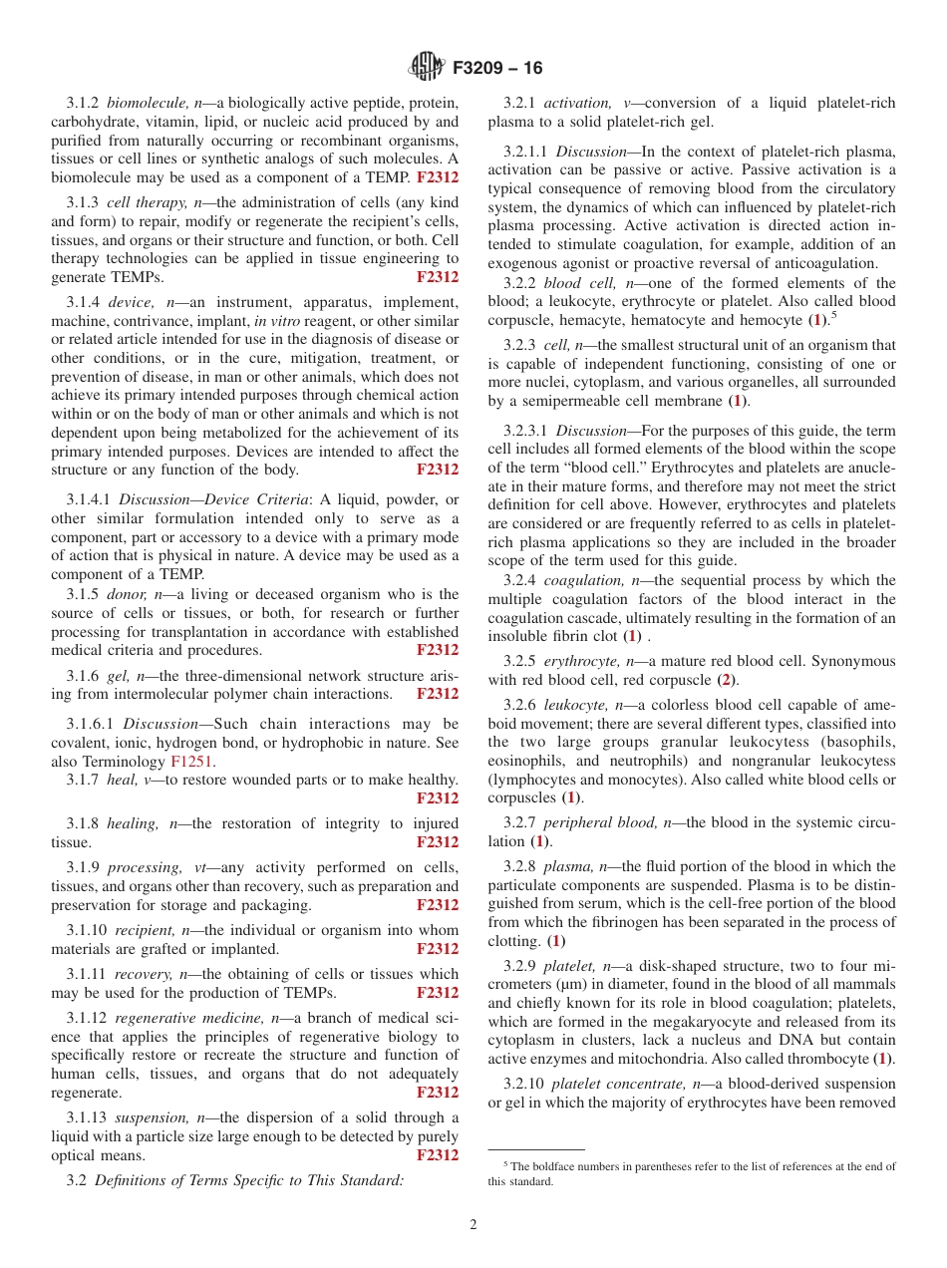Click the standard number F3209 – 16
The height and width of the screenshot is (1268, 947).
pyautogui.click(x=497, y=69)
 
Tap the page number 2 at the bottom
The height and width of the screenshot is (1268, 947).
pyautogui.click(x=473, y=1225)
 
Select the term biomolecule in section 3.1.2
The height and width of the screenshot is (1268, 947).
pyautogui.click(x=148, y=103)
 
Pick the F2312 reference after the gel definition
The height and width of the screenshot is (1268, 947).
pyautogui.click(x=438, y=694)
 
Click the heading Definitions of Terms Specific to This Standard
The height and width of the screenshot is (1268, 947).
pyautogui.click(x=248, y=1180)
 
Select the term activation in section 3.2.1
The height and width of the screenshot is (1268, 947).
pyautogui.click(x=577, y=103)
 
